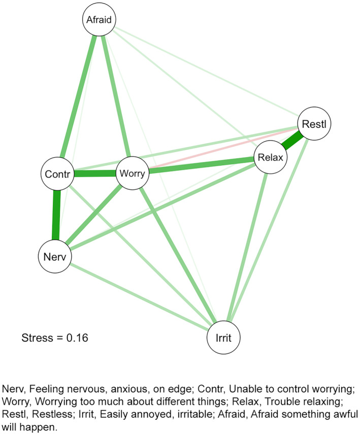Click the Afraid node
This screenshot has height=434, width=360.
(100, 21)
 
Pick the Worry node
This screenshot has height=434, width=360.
(133, 174)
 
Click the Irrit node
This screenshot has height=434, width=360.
(224, 336)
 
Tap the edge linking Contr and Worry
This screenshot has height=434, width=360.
(94, 174)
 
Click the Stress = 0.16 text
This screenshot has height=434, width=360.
(55, 337)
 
